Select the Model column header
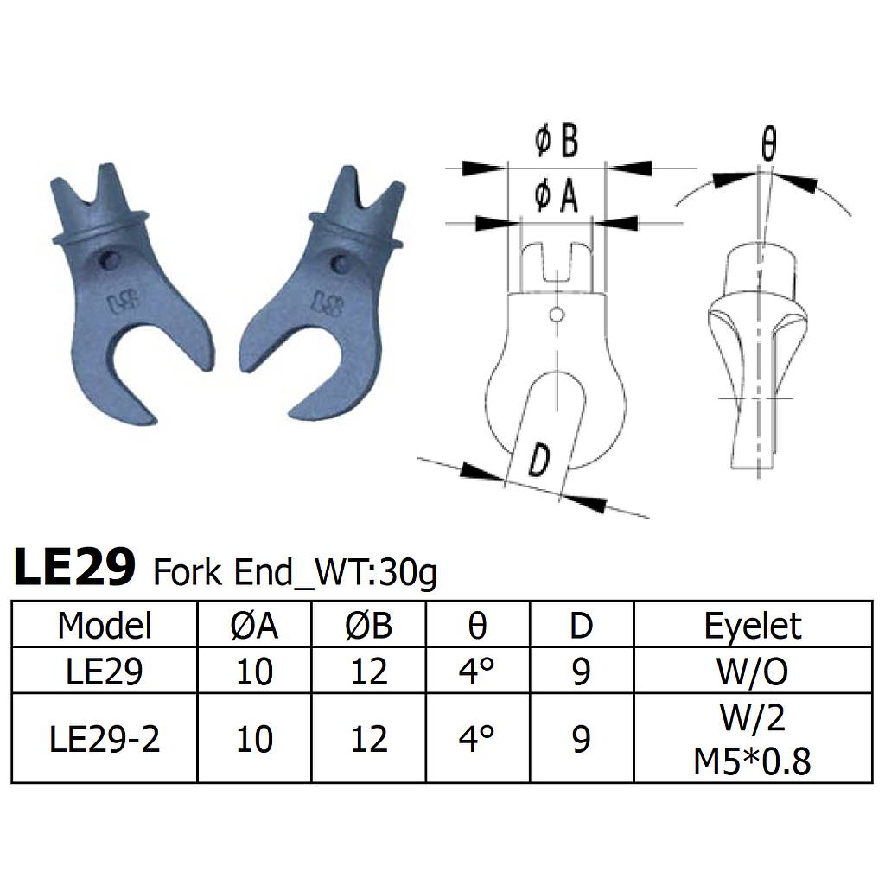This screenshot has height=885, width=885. tap(105, 625)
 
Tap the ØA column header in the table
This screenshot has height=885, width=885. tap(254, 625)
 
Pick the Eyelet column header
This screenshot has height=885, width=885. tap(753, 625)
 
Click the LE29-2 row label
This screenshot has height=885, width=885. tap(105, 739)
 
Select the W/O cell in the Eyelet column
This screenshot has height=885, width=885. tap(753, 671)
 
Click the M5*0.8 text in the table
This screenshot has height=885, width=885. tap(753, 761)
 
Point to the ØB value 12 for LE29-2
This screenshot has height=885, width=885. tap(369, 739)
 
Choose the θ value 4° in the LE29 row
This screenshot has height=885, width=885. tap(477, 671)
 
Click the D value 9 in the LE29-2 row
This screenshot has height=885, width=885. tap(582, 739)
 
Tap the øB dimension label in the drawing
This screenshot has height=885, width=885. tap(556, 142)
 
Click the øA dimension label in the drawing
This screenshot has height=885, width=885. tap(556, 197)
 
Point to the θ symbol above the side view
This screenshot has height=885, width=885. tap(768, 146)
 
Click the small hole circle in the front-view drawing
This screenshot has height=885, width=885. tap(557, 314)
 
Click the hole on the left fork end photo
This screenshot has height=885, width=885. tap(108, 258)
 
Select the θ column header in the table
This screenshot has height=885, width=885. tap(477, 625)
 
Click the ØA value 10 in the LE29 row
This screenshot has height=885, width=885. tap(254, 671)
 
